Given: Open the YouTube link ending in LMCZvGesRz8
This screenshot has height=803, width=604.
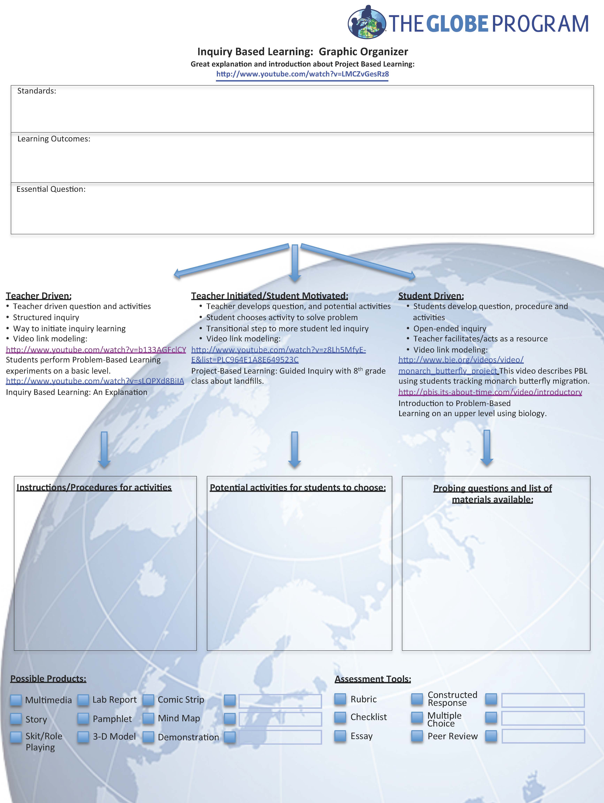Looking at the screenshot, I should [302, 74].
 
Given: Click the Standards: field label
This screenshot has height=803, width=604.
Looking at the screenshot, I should [37, 91].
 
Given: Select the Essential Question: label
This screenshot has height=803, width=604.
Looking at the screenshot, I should [51, 189].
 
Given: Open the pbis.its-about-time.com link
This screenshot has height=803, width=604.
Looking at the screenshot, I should [490, 392].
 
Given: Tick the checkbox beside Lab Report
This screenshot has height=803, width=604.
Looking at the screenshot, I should [83, 700].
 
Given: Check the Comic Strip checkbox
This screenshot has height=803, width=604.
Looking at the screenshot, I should [148, 700].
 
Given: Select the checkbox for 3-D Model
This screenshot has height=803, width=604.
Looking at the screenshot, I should [83, 736].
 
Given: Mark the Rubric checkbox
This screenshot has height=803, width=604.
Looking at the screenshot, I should [340, 699].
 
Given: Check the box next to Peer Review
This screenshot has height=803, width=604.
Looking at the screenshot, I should [417, 736].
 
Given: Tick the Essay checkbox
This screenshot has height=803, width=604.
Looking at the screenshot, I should [340, 736].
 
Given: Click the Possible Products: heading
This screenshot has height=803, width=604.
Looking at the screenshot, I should [48, 678].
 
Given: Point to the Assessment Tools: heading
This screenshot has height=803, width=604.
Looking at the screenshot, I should [373, 679].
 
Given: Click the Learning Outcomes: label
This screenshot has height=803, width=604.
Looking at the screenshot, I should [54, 139].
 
